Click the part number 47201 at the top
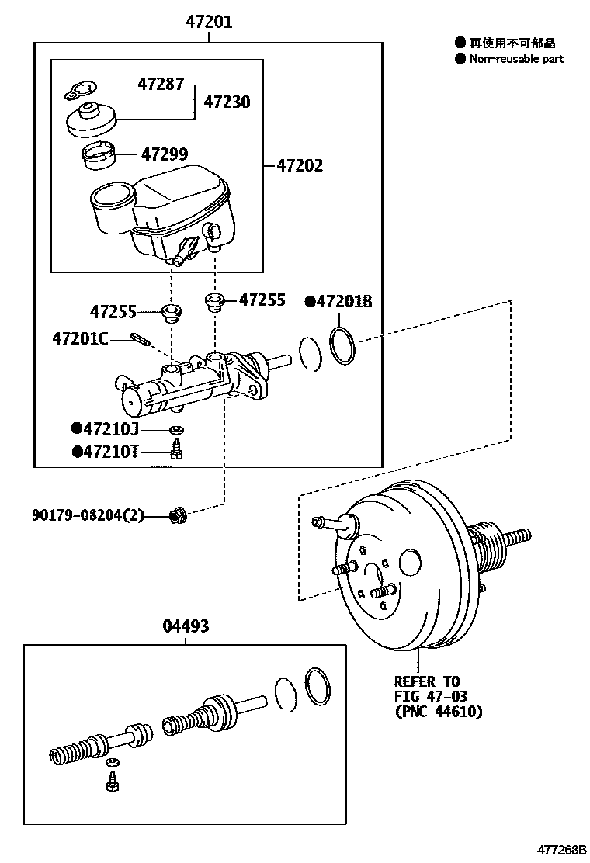tap(209, 22)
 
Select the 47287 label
tap(161, 85)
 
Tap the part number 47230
tap(227, 102)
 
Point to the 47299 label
tap(165, 154)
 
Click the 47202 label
tap(300, 165)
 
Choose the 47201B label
tap(339, 302)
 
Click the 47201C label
tap(81, 338)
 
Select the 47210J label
tap(105, 428)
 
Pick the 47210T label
tap(105, 452)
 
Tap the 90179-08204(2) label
tap(88, 516)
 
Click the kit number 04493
tap(186, 626)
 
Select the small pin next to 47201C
tap(140, 338)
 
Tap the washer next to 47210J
tap(176, 430)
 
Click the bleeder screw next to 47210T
tap(177, 449)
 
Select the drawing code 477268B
tap(561, 850)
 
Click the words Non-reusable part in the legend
tap(516, 59)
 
